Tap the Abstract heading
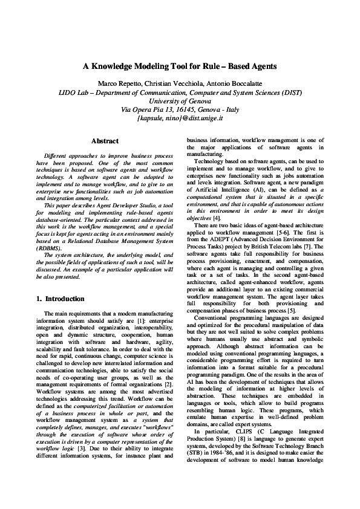coord(104,141)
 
